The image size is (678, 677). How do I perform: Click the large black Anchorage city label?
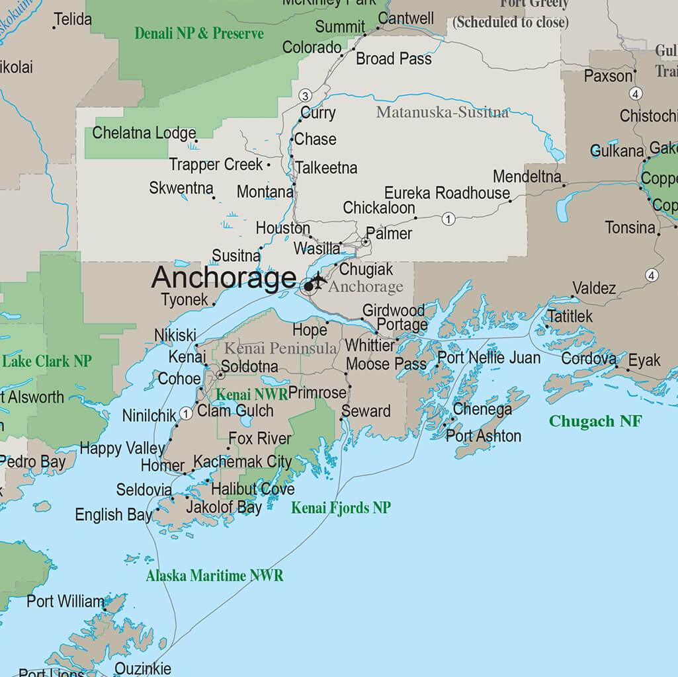(224, 278)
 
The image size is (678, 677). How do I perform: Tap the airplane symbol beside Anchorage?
(319, 280)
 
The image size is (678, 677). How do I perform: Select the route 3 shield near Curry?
(305, 96)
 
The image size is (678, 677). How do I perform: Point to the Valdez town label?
(594, 288)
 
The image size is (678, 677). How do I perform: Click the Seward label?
(366, 411)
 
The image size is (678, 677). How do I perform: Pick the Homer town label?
(163, 465)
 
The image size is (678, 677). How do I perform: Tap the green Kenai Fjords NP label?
(341, 508)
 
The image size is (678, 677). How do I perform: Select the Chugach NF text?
(595, 421)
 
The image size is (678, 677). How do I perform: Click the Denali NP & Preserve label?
(199, 33)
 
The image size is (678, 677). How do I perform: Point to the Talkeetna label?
(326, 168)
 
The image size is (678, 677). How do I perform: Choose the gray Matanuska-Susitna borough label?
(443, 112)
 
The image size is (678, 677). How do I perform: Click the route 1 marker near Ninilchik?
(187, 414)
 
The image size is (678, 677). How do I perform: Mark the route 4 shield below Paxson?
(636, 94)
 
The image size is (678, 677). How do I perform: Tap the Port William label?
(65, 602)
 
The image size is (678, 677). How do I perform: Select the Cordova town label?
(589, 359)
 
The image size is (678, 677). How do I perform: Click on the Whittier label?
(370, 346)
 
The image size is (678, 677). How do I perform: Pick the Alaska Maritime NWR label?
(214, 576)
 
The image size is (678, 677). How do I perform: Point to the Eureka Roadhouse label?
(447, 193)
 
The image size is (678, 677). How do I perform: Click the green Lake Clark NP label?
(47, 362)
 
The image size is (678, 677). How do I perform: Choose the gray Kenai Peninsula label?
(281, 348)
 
